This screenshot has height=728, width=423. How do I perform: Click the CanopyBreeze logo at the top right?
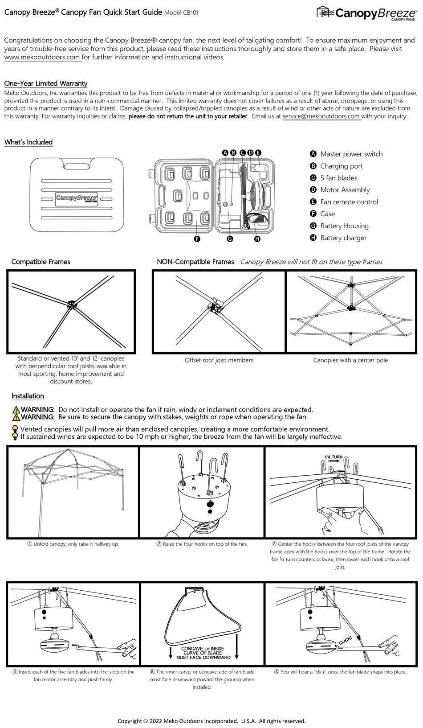[368, 13]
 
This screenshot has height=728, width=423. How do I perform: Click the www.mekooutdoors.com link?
[42, 57]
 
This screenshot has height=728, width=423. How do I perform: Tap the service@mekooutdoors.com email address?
[321, 116]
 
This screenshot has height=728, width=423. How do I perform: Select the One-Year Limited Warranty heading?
[46, 83]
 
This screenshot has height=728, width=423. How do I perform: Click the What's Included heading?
[28, 142]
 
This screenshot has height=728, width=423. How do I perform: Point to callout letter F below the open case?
[197, 239]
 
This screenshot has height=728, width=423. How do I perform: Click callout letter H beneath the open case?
[257, 239]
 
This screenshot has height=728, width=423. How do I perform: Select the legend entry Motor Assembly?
[345, 190]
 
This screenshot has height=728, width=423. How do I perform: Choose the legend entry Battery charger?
[343, 238]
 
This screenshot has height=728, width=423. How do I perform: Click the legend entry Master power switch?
[351, 154]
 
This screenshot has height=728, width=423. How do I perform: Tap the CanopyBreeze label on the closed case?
[77, 198]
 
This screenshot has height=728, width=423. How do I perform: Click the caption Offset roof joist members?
[219, 360]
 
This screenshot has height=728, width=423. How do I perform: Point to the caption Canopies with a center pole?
[350, 360]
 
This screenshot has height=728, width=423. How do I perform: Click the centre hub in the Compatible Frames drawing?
[71, 305]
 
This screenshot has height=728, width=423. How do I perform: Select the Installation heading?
[28, 396]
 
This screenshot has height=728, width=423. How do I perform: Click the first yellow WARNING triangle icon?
[16, 410]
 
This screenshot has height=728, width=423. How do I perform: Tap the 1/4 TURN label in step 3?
[333, 457]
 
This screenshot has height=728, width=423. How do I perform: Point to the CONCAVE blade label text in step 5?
[203, 653]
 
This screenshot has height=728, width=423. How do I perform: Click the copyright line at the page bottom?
[211, 721]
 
